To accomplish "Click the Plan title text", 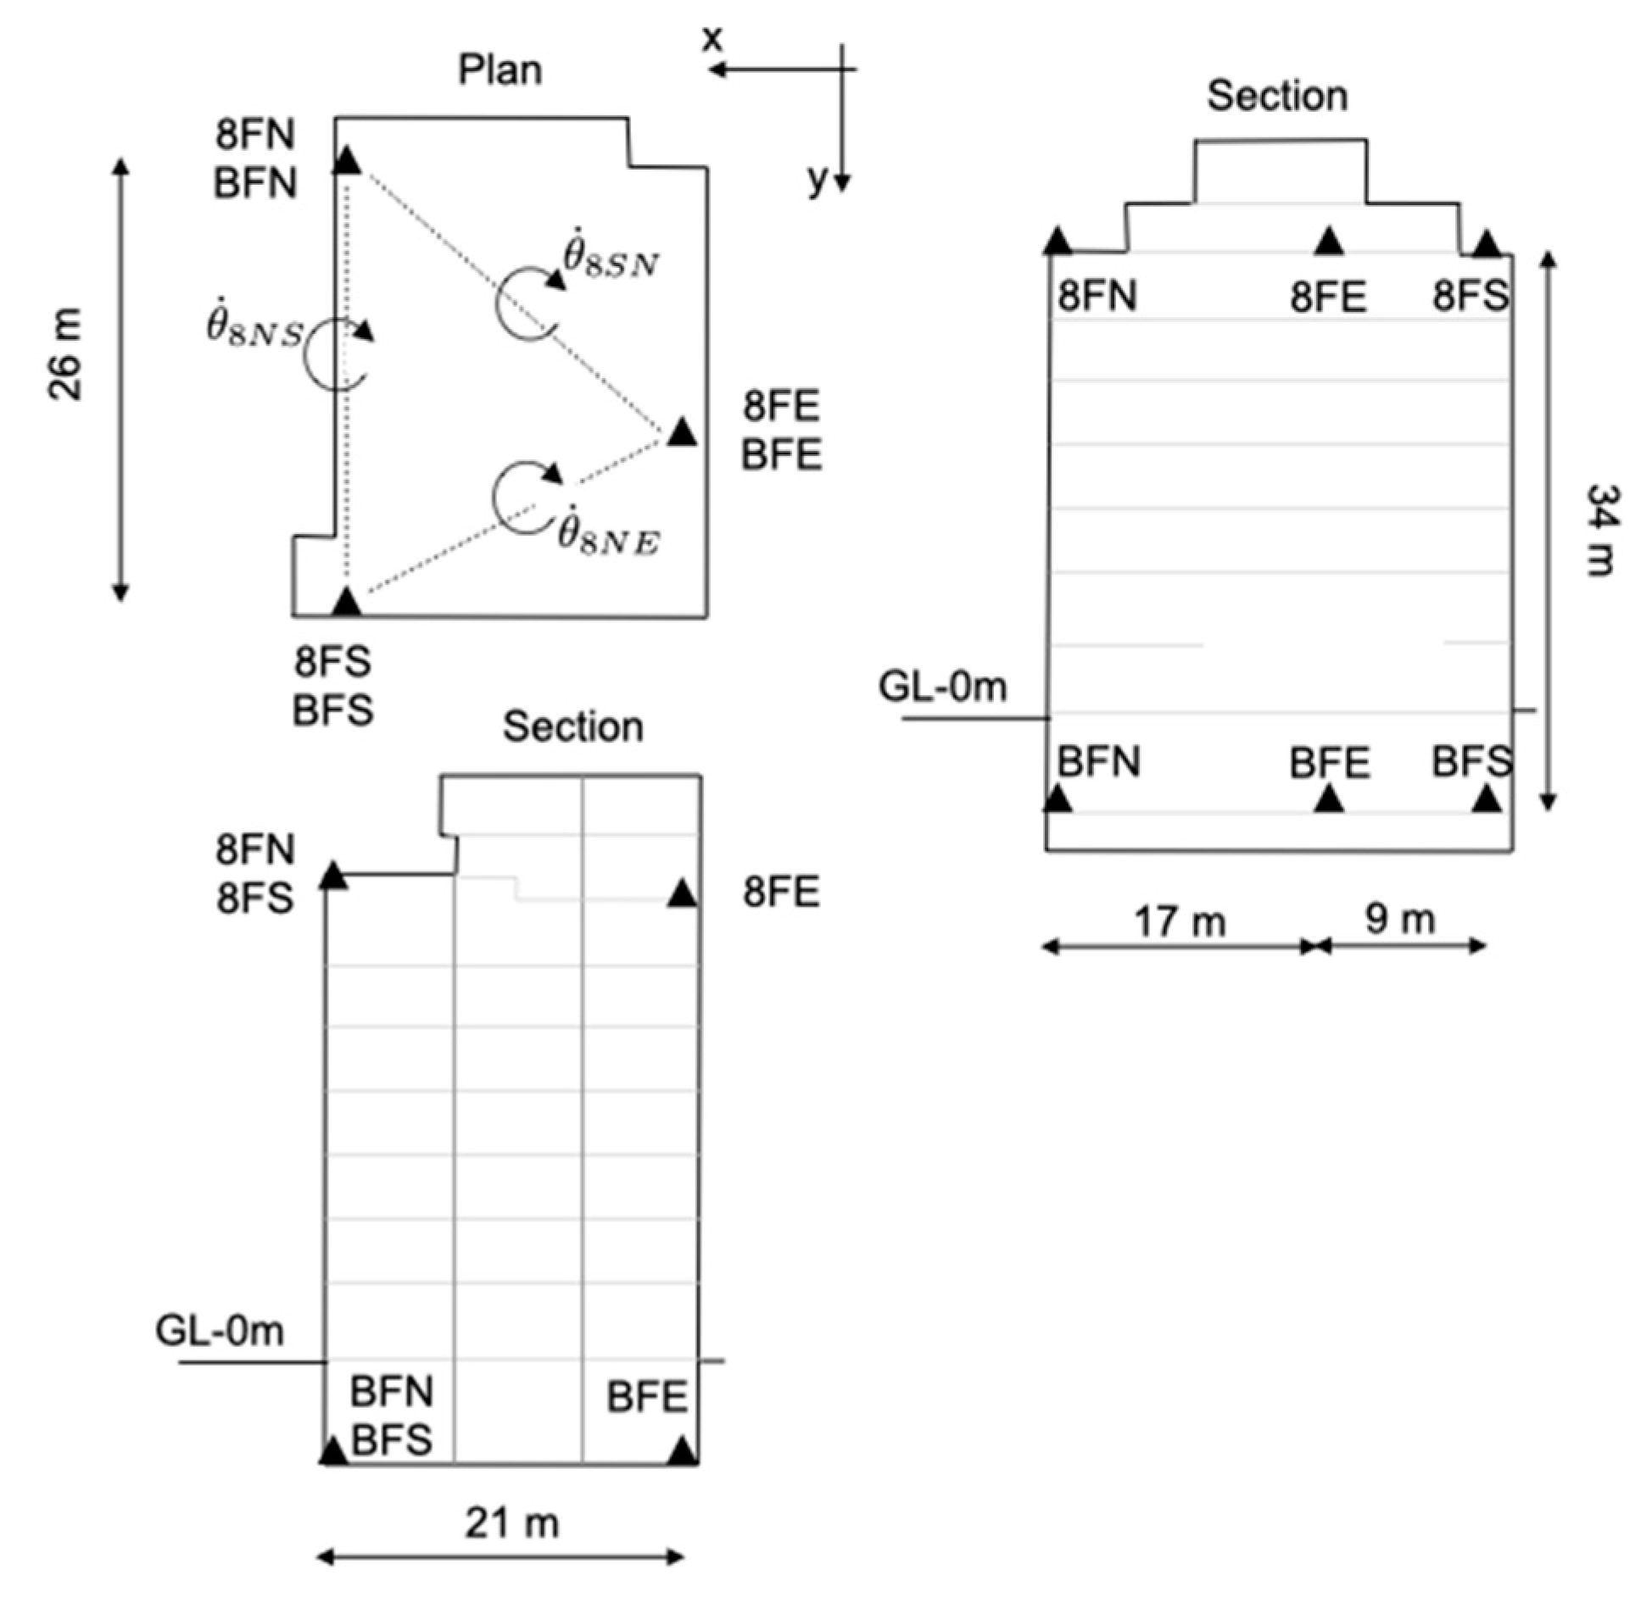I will point(500,70).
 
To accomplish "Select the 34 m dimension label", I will point(1603,531).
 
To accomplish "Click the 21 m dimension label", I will point(511,1523).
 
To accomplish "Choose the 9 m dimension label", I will point(1399,919).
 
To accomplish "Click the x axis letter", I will point(712,39).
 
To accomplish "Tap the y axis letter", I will point(817,179).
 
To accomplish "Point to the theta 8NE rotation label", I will point(607,534).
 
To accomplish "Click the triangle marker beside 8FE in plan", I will point(681,433).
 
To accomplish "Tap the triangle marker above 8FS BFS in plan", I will point(346,601).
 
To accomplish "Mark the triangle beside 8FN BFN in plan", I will point(347,160).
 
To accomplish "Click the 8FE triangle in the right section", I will point(1329,242).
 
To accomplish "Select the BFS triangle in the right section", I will point(1486,798).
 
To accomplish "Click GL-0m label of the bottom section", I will point(220,1332).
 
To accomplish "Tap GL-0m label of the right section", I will point(942,687).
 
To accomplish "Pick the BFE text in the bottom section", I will point(646,1398).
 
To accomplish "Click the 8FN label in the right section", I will point(1097,297).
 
